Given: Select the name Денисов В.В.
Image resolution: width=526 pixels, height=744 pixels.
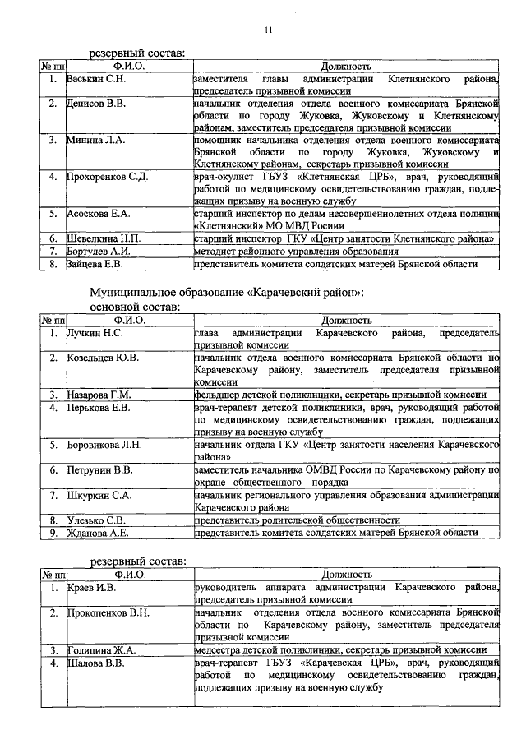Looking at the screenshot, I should pos(97,104).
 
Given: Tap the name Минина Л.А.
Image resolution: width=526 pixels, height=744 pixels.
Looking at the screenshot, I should pos(95,141).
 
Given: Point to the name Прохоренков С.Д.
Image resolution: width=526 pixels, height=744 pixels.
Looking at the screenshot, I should pos(107,177).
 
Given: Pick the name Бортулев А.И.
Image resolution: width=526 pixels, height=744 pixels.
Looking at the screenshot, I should pos(99,251).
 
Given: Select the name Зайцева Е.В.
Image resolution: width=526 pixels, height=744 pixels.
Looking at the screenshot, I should pos(95,264).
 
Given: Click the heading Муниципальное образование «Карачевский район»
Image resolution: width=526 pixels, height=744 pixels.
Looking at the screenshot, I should pos(226,293).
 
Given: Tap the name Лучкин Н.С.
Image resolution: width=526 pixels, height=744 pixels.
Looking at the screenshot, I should pos(95,333).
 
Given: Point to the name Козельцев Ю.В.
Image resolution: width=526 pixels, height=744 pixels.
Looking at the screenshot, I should pos(103,358).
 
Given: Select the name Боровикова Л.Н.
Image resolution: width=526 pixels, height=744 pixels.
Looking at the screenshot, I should pos(104,445).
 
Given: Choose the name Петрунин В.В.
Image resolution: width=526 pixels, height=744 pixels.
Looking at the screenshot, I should pos(99,470).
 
